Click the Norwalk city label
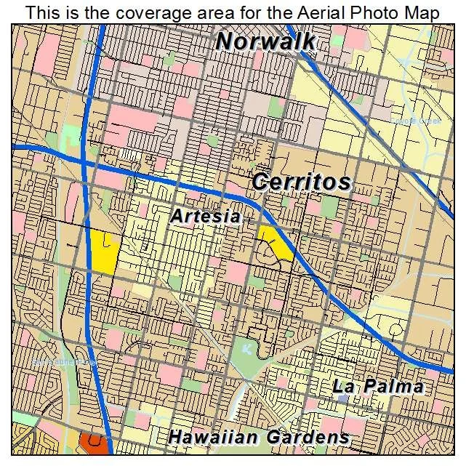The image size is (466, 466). click(266, 41)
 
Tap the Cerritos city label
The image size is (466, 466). click(302, 182)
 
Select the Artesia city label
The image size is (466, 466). click(205, 216)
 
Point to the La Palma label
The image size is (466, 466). click(378, 386)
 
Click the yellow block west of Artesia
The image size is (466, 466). click(104, 252)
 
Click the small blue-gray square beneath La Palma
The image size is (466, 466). click(342, 399)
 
